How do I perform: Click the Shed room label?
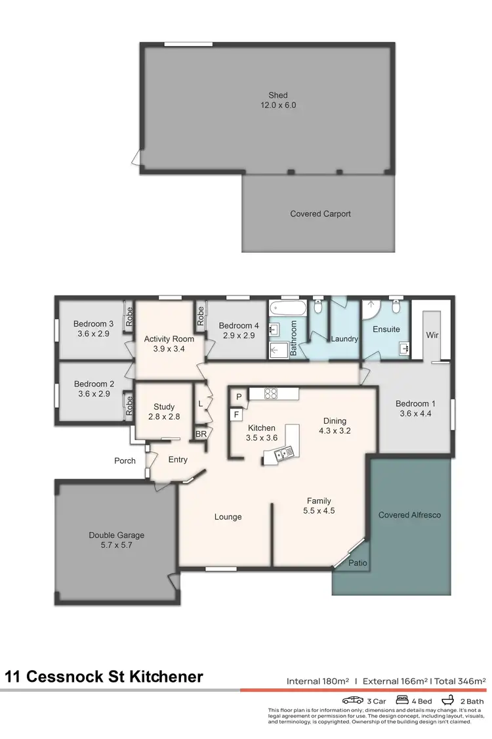(277, 95)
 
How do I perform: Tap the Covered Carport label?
(320, 214)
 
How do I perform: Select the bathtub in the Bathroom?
(287, 308)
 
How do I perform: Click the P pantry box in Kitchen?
(239, 396)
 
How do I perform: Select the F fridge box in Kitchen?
(235, 414)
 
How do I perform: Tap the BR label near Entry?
(200, 434)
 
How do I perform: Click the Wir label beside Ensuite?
(432, 335)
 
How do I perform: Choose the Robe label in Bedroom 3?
(130, 317)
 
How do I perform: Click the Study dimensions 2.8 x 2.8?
(164, 416)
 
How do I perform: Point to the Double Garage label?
(116, 535)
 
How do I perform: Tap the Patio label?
(358, 564)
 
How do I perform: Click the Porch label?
(125, 460)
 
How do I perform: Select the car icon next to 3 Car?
(353, 701)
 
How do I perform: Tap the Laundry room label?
(344, 339)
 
